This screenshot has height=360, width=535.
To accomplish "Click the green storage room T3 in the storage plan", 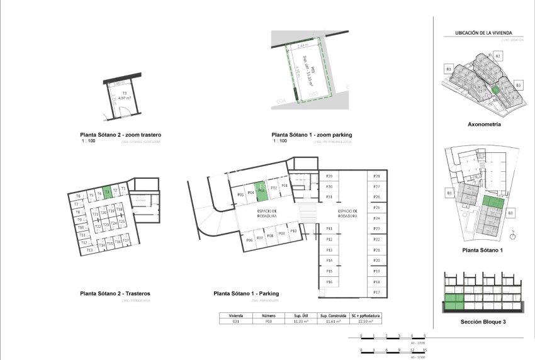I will point(107,192).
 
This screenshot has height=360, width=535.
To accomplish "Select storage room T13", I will point(89,250).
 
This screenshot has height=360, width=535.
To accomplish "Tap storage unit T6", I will point(99,194).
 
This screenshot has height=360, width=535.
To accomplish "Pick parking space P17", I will point(376,293).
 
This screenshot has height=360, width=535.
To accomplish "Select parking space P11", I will point(329,228).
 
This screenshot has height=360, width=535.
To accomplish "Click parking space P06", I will point(249,240).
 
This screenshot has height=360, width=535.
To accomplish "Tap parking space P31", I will point(329,197).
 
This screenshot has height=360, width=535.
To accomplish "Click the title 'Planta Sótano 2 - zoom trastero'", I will point(121,135).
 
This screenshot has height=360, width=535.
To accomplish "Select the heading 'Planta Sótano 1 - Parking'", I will point(246,293).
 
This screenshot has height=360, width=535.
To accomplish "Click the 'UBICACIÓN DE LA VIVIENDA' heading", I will point(483,33).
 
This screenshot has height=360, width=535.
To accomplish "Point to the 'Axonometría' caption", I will point(484,125).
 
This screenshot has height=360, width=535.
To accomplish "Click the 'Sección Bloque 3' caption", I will point(483,322).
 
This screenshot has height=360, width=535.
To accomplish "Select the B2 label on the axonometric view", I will point(497,57).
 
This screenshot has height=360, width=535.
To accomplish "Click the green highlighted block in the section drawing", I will point(454,302).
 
